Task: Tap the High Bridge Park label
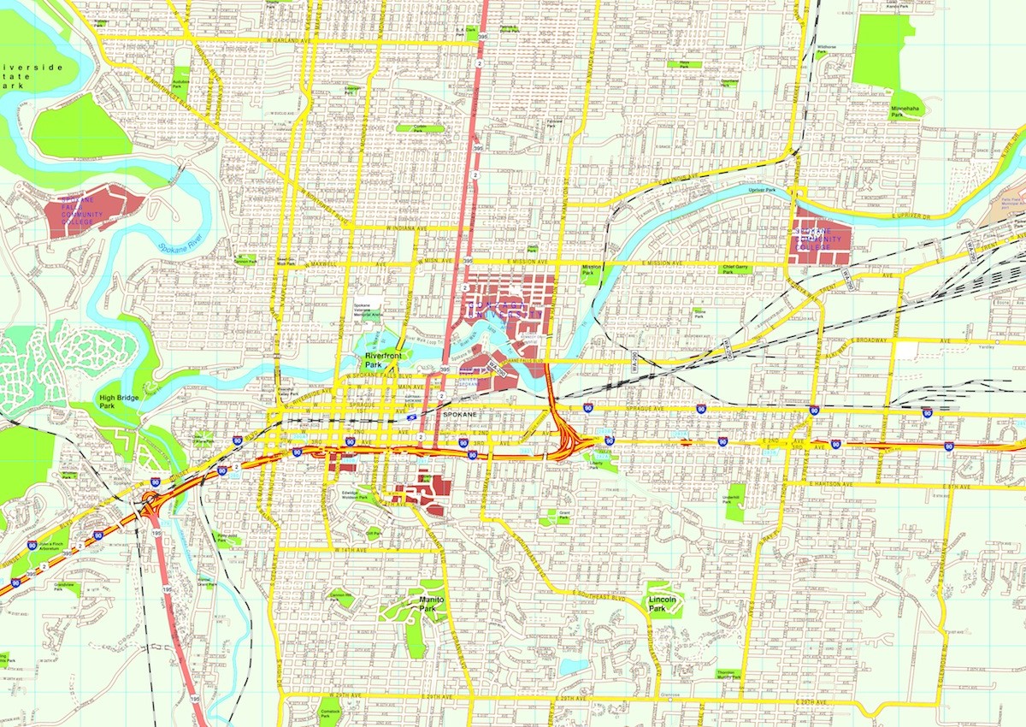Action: (118, 402)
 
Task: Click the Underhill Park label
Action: (730, 499)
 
